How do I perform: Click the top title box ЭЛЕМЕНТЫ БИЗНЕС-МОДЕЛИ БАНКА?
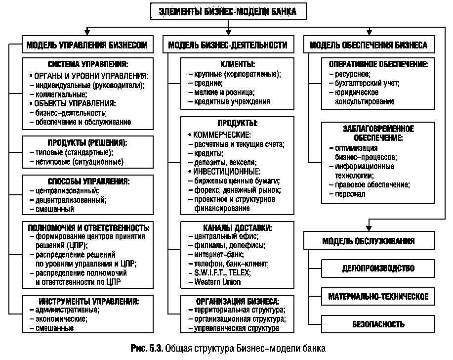click(x=228, y=11)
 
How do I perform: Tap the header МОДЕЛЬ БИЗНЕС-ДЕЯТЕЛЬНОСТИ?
click(x=228, y=45)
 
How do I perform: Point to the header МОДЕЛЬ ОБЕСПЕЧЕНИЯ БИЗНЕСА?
click(x=368, y=45)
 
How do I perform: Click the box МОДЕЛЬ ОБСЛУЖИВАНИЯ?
click(x=368, y=241)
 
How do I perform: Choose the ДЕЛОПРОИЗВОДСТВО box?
click(x=378, y=269)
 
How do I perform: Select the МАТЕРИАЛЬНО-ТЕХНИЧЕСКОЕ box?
click(x=378, y=297)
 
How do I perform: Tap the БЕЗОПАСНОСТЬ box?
click(x=378, y=324)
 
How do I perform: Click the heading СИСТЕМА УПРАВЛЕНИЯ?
click(x=88, y=65)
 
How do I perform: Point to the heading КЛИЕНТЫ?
click(x=238, y=65)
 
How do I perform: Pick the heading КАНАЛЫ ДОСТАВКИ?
click(x=238, y=228)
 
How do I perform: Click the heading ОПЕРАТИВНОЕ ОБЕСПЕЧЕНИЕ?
click(x=378, y=65)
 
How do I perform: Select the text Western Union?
click(x=218, y=282)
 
